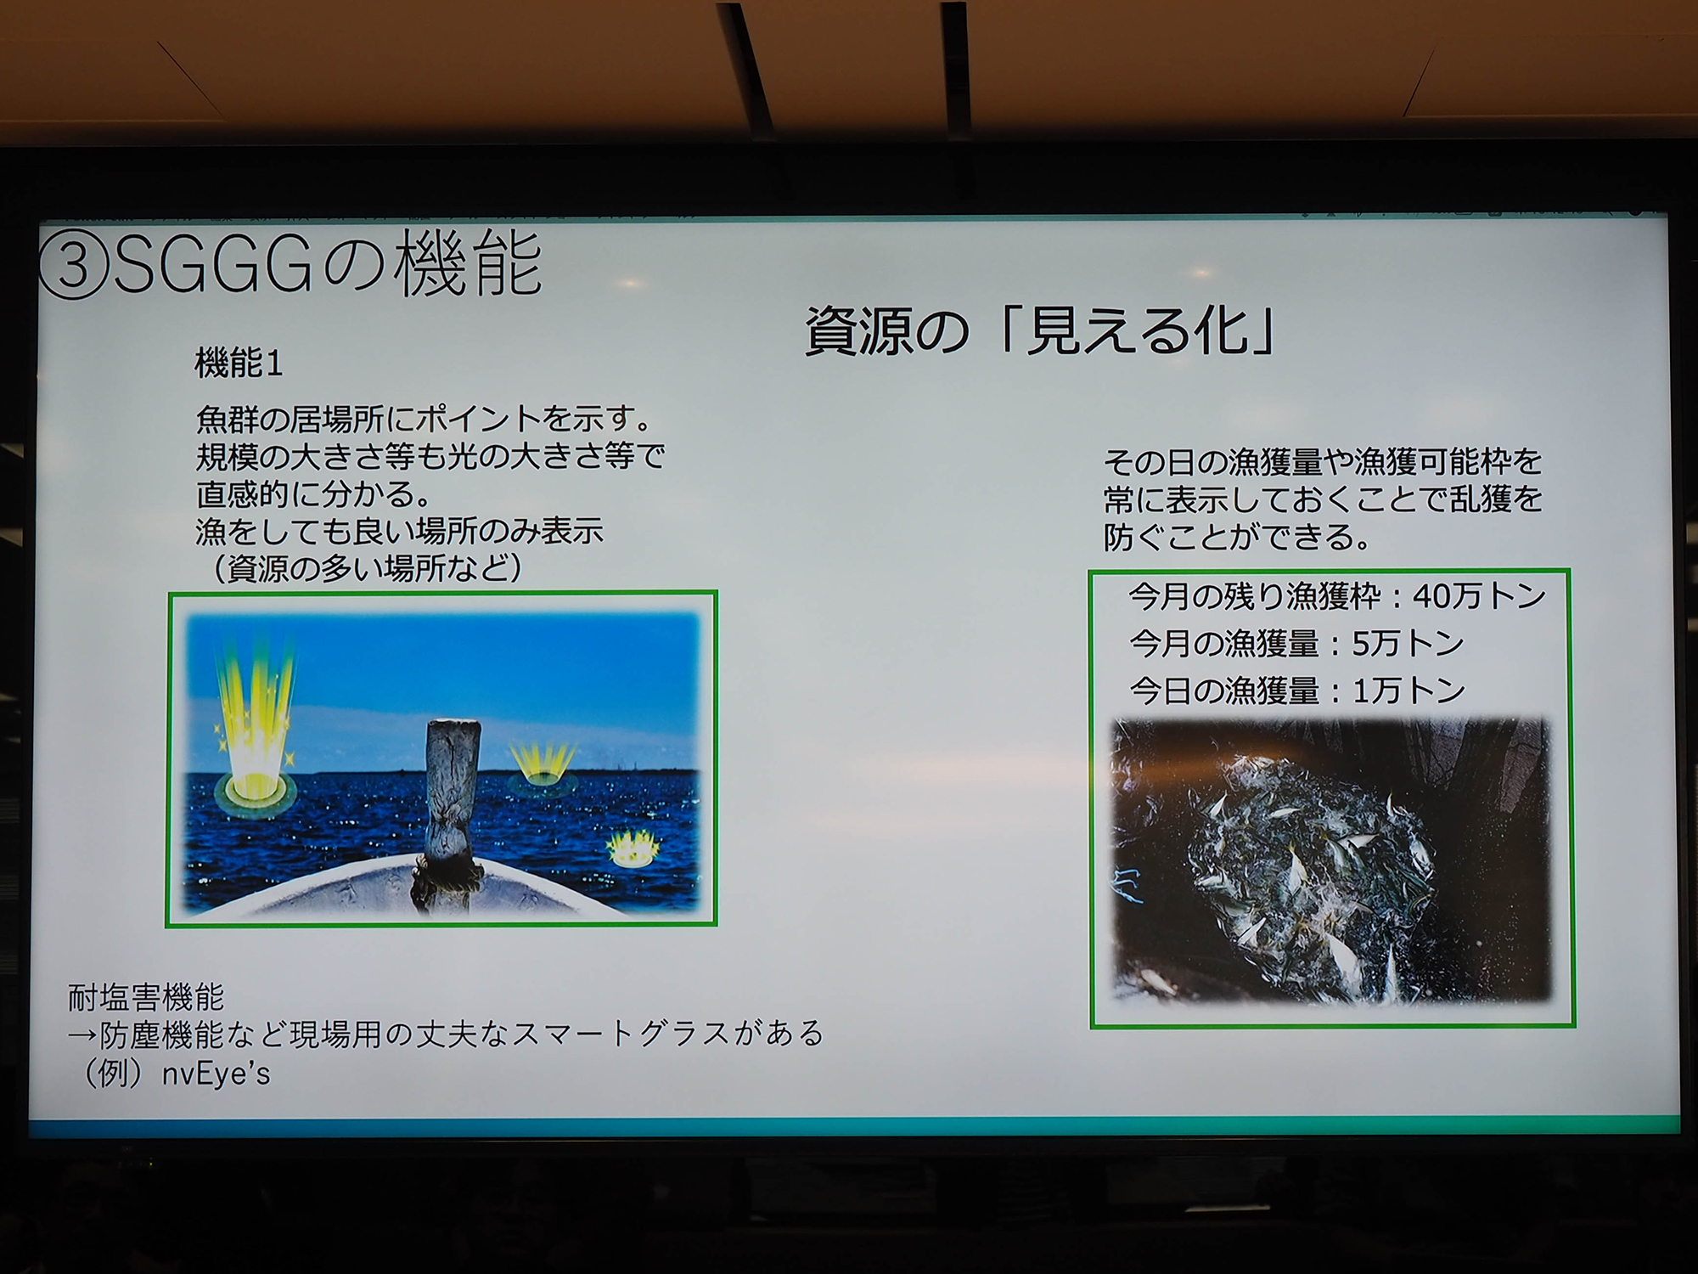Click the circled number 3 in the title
75,264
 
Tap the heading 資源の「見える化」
1040,331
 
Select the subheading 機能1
239,364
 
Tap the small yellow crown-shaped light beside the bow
633,848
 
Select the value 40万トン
1480,596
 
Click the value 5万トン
1408,644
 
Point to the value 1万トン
1408,691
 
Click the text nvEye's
216,1074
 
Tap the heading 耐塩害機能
146,997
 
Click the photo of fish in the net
1332,860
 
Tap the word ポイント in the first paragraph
478,420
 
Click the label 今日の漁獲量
1223,691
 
